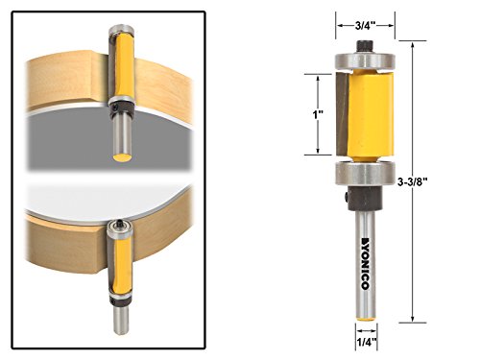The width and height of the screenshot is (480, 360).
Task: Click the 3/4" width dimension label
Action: click(x=365, y=26)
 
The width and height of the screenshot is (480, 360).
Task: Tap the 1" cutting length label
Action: click(x=318, y=114)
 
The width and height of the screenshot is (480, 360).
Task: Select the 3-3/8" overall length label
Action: click(x=413, y=181)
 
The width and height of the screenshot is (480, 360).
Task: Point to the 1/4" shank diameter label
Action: click(x=367, y=343)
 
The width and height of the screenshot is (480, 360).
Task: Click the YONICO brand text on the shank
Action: click(x=365, y=263)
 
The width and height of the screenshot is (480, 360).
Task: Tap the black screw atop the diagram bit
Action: click(x=365, y=46)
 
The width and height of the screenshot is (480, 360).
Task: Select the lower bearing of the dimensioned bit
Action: click(x=365, y=173)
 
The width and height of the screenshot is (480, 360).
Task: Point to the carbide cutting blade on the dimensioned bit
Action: click(x=342, y=112)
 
